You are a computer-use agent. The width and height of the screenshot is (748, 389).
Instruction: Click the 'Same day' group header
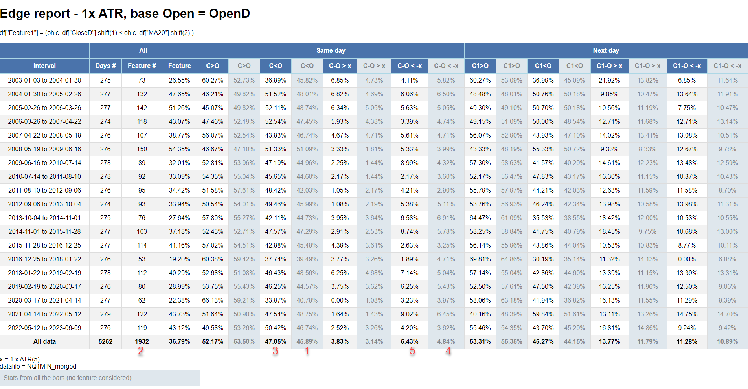(331, 50)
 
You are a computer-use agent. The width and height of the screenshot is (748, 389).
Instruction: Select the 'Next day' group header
(606, 50)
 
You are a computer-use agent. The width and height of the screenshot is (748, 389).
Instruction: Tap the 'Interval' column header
(44, 66)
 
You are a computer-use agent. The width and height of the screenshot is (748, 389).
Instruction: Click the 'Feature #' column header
(142, 66)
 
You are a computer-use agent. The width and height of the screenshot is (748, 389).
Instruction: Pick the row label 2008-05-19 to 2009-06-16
(44, 149)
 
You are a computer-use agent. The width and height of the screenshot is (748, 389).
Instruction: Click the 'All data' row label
(44, 341)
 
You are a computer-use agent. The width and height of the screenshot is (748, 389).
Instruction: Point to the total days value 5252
(105, 341)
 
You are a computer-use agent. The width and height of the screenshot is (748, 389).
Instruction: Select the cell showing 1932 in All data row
(142, 341)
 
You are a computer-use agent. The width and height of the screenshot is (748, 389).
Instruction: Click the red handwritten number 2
(141, 351)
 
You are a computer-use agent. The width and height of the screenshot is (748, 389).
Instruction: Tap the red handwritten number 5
(412, 351)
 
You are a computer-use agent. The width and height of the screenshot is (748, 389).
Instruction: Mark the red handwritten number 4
(448, 351)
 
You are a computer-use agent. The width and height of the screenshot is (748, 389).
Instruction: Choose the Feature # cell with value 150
(142, 149)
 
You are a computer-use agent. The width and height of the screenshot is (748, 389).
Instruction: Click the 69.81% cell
(480, 259)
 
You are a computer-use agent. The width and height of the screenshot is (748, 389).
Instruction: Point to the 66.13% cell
(213, 300)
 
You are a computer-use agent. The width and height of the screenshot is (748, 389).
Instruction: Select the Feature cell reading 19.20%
(179, 259)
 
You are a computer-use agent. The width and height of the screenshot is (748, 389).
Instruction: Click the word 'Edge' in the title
(15, 13)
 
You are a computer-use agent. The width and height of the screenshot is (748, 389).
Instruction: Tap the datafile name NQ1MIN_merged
(51, 366)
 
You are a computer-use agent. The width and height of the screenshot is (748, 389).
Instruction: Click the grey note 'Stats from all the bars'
(68, 378)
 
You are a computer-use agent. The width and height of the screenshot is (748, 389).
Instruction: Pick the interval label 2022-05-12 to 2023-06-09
(44, 328)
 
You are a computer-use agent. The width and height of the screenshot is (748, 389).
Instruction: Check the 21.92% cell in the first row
(609, 80)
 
